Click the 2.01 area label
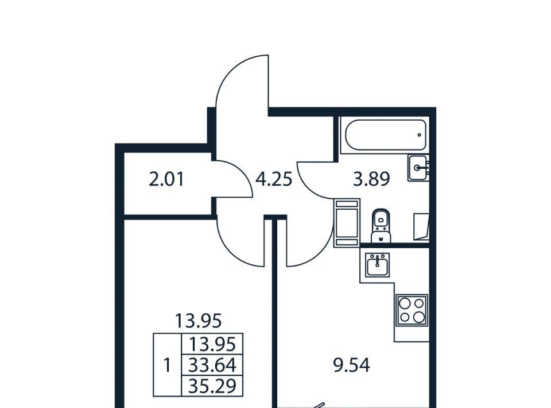[166, 180]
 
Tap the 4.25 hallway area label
[274, 179]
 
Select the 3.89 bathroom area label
[371, 179]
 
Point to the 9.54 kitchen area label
[351, 365]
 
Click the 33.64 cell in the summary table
[212, 365]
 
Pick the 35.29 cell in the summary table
[212, 386]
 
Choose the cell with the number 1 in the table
[167, 365]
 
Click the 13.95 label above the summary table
[198, 321]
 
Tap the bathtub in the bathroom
[386, 135]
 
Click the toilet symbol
[381, 225]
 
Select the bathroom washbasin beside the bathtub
[418, 168]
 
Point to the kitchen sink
[377, 265]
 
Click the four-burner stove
[412, 310]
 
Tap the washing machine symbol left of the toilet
[347, 222]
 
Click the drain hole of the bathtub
[419, 134]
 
